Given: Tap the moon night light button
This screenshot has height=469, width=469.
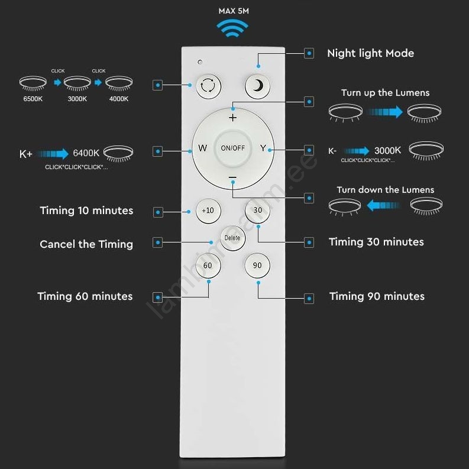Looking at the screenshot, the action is (257, 86).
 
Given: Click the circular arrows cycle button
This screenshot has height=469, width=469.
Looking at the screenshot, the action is (209, 86).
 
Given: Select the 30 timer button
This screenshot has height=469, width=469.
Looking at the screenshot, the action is (257, 211).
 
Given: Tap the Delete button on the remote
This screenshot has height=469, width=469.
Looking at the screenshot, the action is (232, 238).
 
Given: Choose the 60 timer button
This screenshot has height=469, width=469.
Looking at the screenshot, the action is (208, 266).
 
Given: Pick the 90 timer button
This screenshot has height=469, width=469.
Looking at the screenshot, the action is (257, 266).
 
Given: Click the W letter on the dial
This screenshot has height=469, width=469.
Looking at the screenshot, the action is (202, 148).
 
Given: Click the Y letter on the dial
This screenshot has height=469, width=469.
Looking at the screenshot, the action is (263, 148).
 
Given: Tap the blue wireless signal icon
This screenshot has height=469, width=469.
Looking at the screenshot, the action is (232, 28).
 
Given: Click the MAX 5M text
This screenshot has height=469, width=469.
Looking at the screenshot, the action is (234, 11).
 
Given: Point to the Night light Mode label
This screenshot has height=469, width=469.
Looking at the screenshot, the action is (371, 54).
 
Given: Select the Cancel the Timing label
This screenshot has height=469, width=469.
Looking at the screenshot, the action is (86, 244).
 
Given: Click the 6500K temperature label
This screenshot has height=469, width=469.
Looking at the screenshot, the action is (33, 99).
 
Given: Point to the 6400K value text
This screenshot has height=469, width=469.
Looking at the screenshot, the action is (86, 153).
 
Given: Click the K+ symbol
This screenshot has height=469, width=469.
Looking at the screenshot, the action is (25, 154).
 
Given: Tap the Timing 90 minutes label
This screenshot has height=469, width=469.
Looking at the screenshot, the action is (377, 296).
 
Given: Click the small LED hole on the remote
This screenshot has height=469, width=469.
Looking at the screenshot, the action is (200, 62).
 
